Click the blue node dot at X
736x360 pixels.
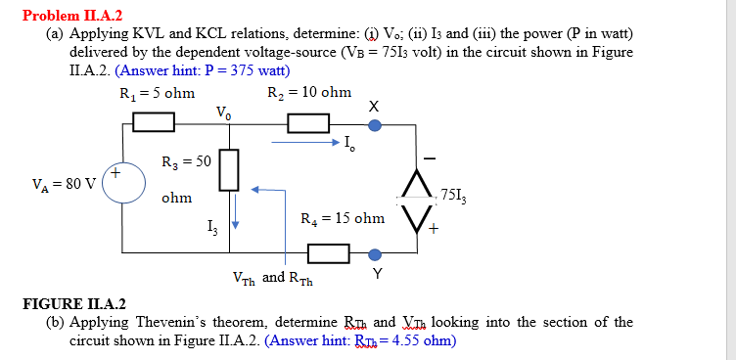coord(375,124)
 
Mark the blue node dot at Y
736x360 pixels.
coord(375,253)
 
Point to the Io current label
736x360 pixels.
coord(350,147)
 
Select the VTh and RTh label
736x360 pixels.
coord(272,277)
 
